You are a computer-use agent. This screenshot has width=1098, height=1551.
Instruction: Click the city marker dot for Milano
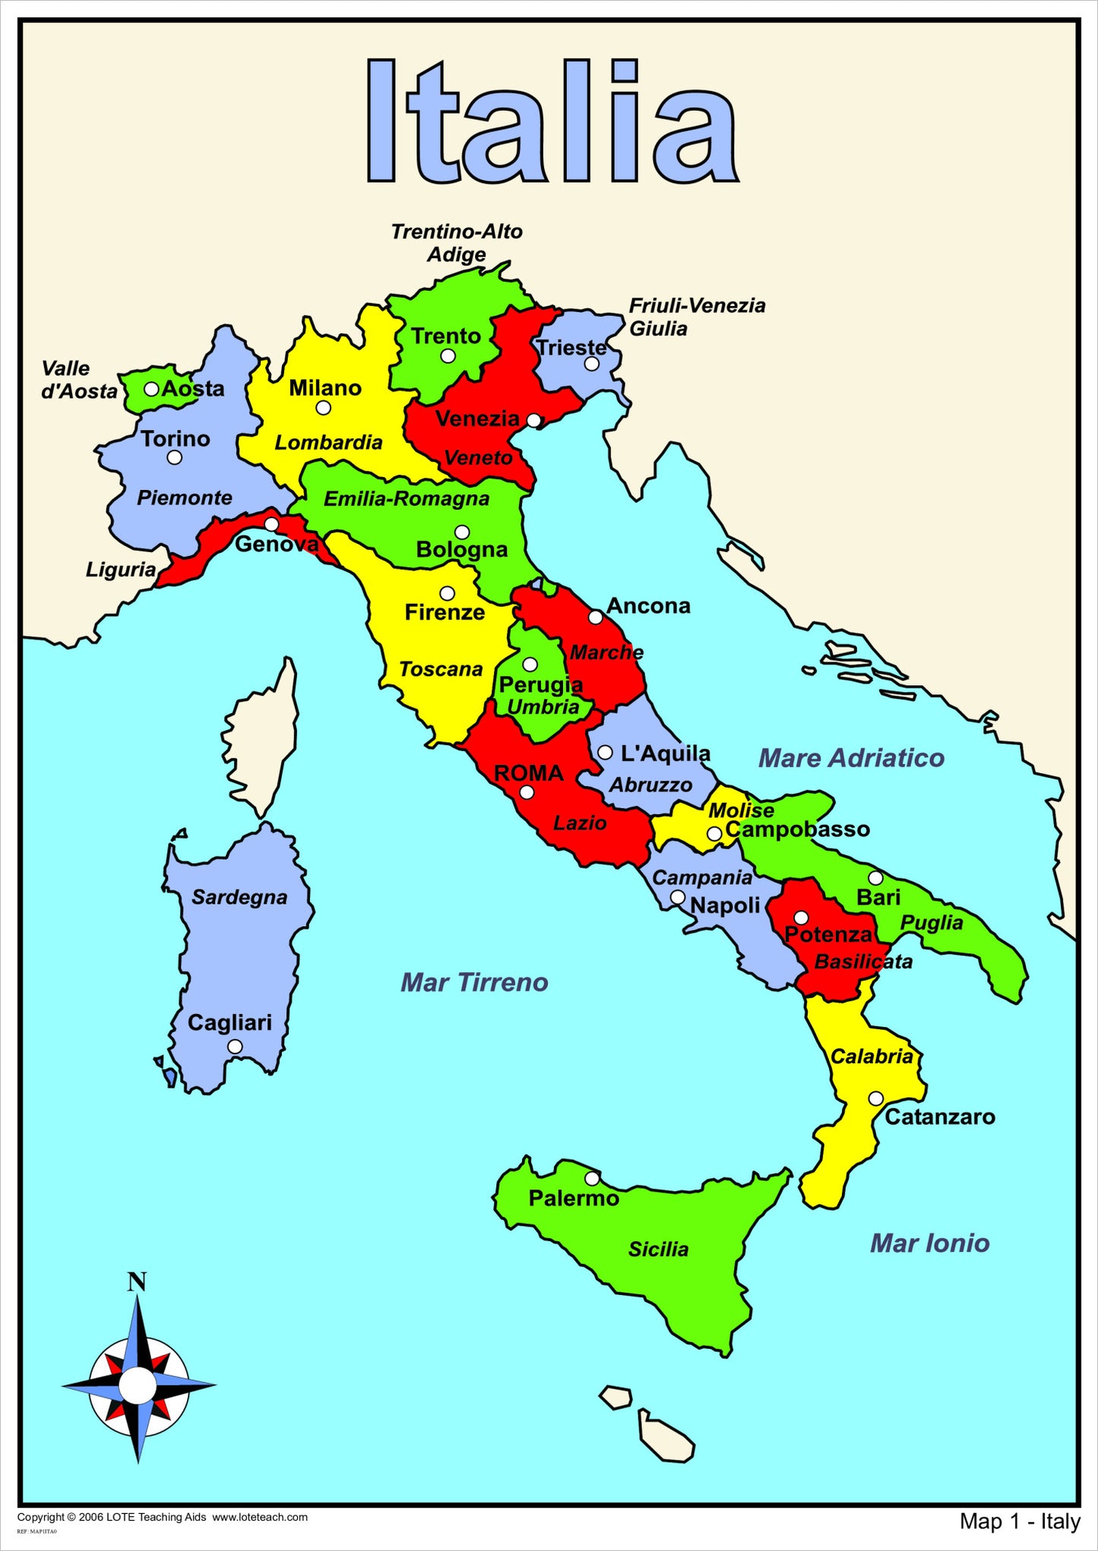click(x=323, y=408)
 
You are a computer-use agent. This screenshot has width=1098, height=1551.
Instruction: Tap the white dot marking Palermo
click(x=592, y=1178)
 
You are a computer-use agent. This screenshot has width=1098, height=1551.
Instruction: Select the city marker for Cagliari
click(x=235, y=1047)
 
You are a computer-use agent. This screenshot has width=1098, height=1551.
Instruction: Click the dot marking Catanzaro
click(x=875, y=1098)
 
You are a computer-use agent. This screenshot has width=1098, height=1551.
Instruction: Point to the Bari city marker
click(x=875, y=878)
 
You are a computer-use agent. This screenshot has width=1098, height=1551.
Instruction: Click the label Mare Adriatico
click(x=851, y=758)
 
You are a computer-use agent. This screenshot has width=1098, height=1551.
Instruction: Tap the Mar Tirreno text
click(x=474, y=982)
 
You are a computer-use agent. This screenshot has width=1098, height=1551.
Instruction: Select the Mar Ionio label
click(x=929, y=1243)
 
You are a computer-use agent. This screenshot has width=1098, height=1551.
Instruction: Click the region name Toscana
click(x=441, y=669)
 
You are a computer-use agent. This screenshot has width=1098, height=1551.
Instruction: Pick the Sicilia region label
click(x=658, y=1249)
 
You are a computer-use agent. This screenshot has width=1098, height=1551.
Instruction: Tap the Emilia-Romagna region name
click(x=407, y=499)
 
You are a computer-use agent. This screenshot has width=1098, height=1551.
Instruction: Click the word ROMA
click(x=529, y=773)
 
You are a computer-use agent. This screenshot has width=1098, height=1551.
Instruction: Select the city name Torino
click(x=175, y=438)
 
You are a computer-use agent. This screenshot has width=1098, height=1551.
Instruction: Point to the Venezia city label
click(x=477, y=419)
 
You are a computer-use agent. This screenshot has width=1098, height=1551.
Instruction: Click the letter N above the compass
click(x=137, y=1283)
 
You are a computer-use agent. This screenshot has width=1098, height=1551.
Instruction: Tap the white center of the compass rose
click(x=138, y=1385)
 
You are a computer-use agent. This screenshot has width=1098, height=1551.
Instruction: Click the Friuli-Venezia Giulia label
click(x=696, y=317)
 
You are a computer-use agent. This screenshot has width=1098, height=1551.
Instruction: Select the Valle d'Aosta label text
click(x=78, y=380)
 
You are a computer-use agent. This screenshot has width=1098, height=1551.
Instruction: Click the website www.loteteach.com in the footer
click(x=259, y=1517)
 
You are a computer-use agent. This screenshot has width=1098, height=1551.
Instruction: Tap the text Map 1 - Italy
click(x=1019, y=1521)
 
